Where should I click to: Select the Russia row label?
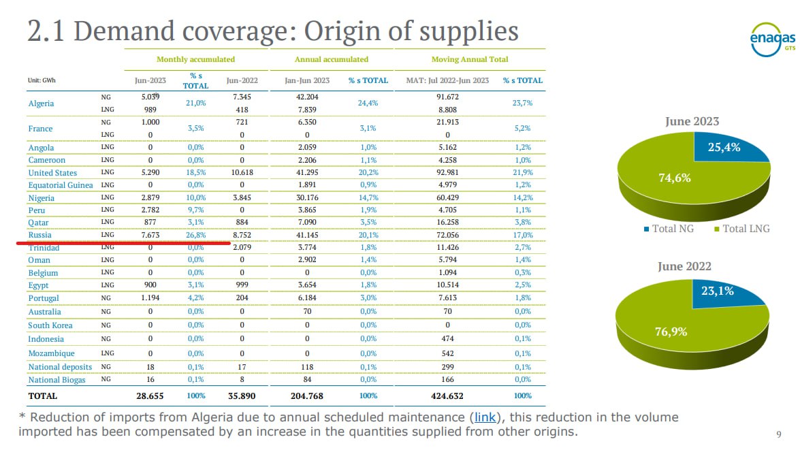point(39,236)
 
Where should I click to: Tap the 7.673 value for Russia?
point(150,235)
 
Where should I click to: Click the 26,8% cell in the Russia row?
point(195,235)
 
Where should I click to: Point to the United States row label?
point(52,173)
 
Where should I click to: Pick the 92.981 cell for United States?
point(447,172)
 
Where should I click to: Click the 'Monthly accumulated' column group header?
point(195,59)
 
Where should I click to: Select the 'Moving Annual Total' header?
point(470,59)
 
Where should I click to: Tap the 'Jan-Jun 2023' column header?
point(307,80)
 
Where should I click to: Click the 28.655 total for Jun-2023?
point(150,396)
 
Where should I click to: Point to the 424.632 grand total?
point(447,396)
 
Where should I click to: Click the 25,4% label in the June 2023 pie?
point(724,147)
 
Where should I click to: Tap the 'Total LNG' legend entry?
point(746,229)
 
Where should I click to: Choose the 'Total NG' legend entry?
point(673,229)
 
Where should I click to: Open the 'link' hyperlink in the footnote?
point(484,417)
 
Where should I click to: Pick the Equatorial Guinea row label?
point(61,185)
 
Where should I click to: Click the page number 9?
point(778,434)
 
